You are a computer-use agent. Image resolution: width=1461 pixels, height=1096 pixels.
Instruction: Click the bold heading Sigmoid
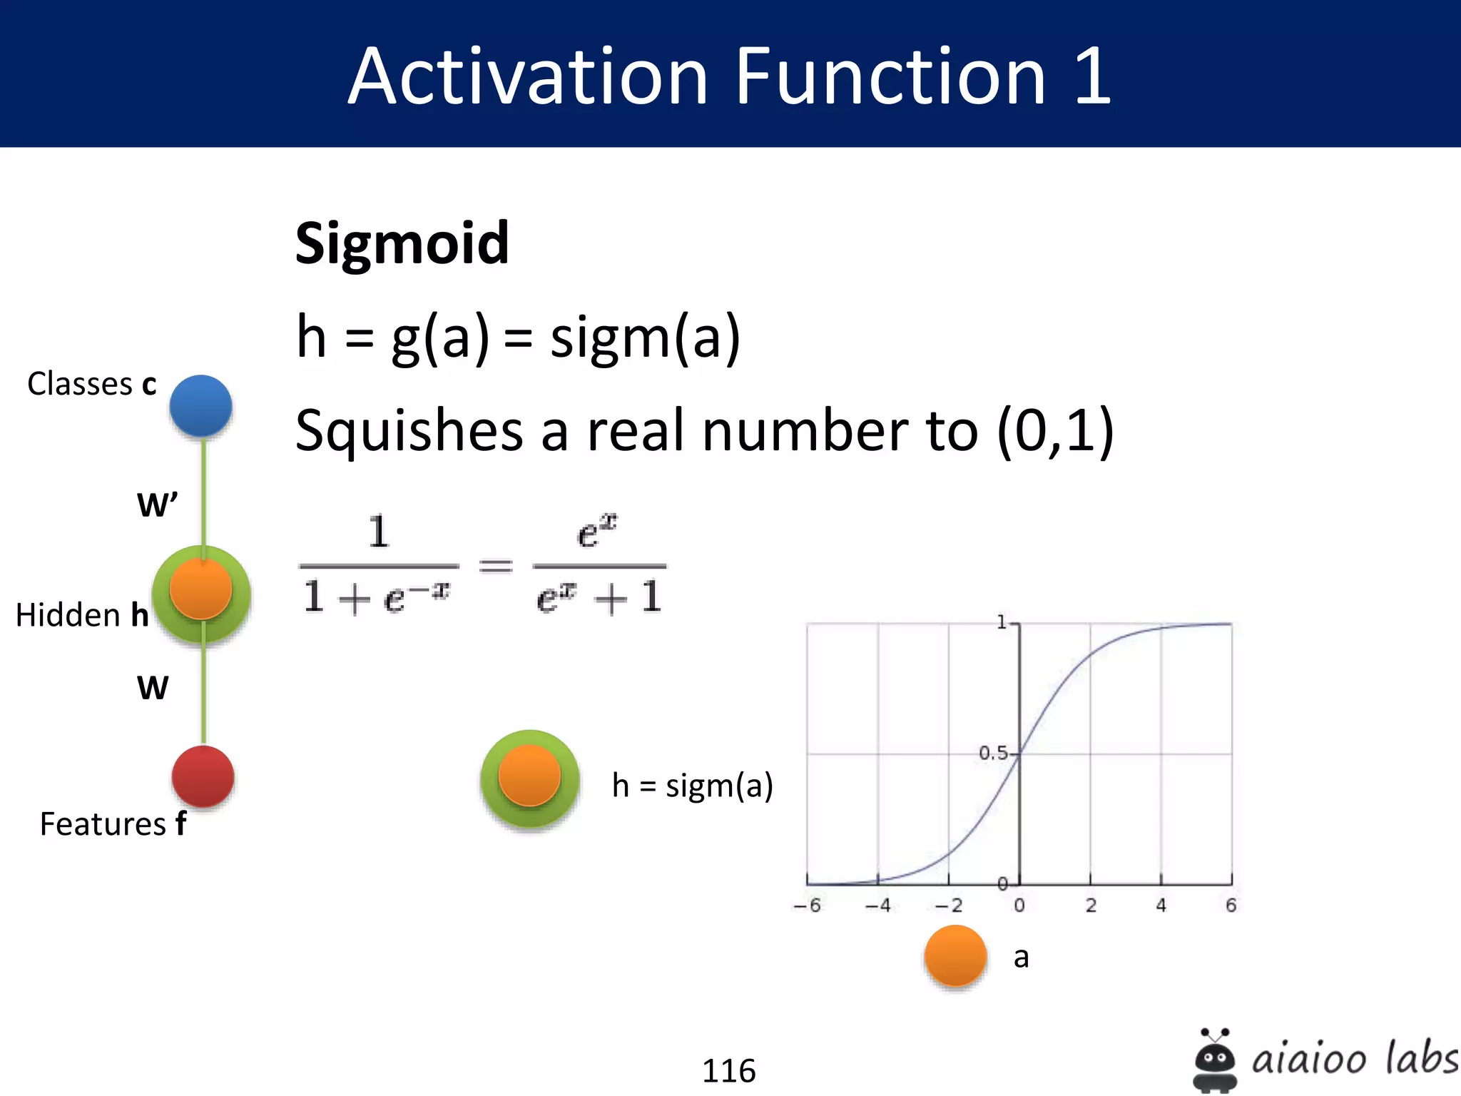coord(402,244)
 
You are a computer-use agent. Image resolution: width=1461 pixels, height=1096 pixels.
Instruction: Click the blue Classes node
coord(201,406)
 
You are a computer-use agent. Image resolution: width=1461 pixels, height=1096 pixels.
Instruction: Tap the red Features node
coord(203,776)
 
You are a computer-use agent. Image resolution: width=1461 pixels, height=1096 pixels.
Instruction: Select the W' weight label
coord(157,504)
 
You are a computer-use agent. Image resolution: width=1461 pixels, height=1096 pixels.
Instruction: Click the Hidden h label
coord(82,615)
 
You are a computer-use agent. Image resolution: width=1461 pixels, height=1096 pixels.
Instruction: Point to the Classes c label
coord(91,384)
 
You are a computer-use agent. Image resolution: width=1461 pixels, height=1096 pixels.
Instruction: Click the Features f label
coord(113,824)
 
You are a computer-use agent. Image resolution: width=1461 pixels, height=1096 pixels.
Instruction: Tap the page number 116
coord(728,1070)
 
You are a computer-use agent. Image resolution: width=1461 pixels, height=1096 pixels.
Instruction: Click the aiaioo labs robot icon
coord(1215,1060)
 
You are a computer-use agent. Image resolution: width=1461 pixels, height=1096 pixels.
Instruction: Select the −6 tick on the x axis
coord(808,905)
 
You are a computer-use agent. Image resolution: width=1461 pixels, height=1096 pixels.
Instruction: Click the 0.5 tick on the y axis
coord(993,753)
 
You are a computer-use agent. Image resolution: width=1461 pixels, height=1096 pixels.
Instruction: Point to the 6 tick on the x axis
coord(1231,905)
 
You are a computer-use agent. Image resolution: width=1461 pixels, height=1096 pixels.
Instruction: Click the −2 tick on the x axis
coord(949,905)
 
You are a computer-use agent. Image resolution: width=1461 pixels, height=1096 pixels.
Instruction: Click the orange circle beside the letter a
coord(955,956)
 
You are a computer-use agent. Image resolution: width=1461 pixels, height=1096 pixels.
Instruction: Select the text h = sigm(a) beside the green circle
coord(692,786)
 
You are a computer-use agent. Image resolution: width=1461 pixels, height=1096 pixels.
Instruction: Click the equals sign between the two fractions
coord(496,566)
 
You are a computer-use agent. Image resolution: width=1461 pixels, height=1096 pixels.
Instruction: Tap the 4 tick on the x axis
coord(1161,905)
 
